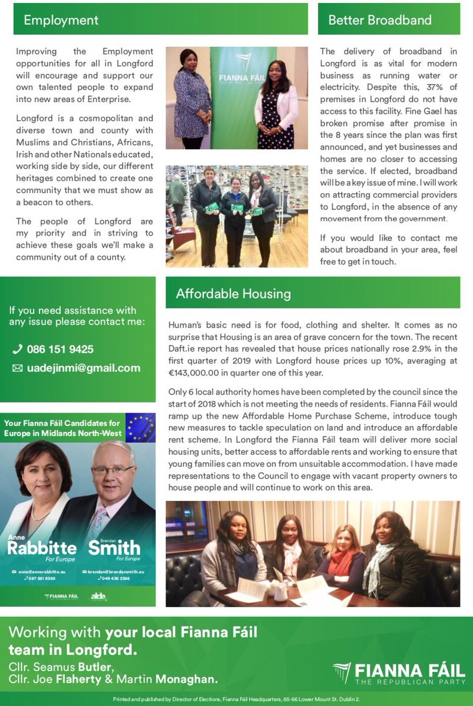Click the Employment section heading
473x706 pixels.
[61, 20]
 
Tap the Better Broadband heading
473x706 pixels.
[379, 20]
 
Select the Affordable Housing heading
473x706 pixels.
[233, 293]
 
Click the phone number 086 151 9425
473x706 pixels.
[60, 349]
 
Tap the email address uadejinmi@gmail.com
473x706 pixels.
[83, 368]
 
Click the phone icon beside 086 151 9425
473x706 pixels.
[17, 349]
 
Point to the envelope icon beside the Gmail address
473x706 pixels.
[17, 368]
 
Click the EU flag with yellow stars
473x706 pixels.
[141, 427]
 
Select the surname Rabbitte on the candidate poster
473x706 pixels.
[42, 548]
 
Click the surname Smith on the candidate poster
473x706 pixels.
[114, 548]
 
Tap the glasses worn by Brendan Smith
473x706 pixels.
[113, 470]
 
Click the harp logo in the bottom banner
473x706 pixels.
[342, 672]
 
